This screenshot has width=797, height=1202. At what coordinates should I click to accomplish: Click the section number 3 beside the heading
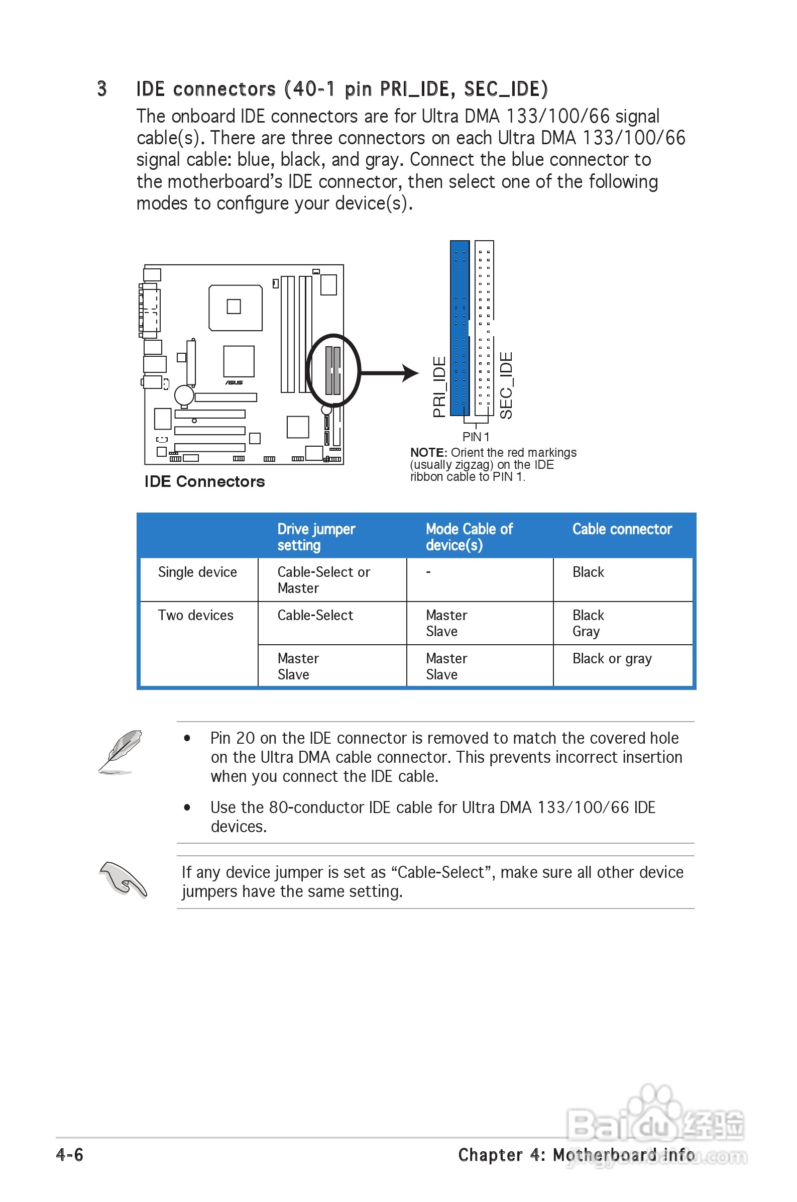pos(101,89)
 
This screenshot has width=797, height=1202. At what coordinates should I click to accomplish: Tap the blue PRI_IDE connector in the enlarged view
pos(460,328)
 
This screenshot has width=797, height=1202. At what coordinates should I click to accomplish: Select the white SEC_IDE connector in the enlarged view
pos(484,326)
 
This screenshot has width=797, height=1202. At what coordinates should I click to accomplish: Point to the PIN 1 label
pos(476,437)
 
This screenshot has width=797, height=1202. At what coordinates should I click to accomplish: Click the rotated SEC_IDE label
pos(506,385)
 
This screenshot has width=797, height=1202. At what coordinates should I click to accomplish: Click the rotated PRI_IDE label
pos(439,387)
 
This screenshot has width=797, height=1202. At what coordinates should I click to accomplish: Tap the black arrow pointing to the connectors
pos(389,373)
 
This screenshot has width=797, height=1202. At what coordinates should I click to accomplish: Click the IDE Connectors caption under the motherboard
pos(204,481)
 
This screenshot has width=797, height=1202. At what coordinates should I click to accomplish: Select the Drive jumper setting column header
pos(316,537)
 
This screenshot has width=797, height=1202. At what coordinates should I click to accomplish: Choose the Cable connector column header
pos(622,529)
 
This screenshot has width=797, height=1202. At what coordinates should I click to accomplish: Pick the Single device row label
pos(197,572)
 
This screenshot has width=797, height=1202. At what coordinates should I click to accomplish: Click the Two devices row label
pos(196,615)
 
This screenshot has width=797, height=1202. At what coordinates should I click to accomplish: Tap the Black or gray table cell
pos(612,658)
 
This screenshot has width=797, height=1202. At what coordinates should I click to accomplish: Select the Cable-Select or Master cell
pos(323,580)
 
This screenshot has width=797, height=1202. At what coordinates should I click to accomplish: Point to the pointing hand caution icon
pos(124,879)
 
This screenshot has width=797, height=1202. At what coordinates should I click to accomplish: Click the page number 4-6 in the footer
pos(70,1155)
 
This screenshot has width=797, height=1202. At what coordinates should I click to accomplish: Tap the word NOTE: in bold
pos(428,453)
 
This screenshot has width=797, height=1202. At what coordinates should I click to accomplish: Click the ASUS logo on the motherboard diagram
pos(235,382)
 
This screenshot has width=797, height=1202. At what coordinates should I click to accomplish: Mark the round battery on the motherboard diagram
pos(184,395)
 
